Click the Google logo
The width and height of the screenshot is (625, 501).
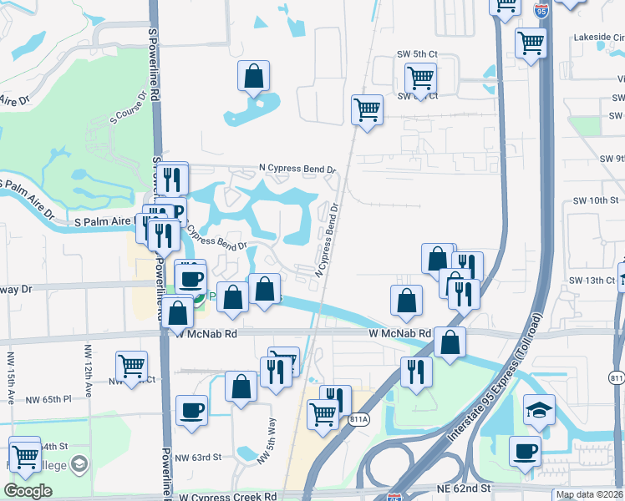(x=28, y=491)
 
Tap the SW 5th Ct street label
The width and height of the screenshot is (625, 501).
(x=417, y=54)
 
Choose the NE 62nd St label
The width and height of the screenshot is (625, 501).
(x=460, y=487)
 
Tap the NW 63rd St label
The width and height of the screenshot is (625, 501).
(x=199, y=457)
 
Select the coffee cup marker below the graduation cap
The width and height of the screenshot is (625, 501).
(x=526, y=452)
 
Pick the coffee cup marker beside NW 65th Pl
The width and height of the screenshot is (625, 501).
(x=192, y=410)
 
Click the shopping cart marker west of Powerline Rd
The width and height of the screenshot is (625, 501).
(x=131, y=366)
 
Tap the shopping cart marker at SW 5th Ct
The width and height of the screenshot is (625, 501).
(x=420, y=80)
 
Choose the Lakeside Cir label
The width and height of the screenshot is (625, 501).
(x=599, y=38)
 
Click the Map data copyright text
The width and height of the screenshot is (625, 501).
(x=588, y=494)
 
